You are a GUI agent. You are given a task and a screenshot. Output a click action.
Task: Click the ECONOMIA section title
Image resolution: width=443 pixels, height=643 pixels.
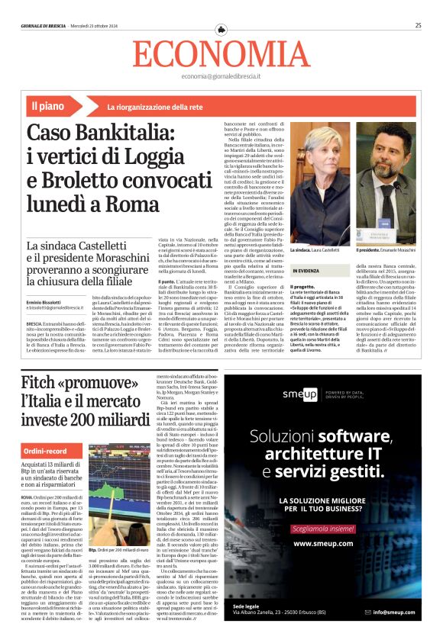(x=221, y=54)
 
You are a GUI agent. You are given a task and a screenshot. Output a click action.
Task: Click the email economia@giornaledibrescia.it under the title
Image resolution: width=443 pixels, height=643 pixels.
(x=221, y=77)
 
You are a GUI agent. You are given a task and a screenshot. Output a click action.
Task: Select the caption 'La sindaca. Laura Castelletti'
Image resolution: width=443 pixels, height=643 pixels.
(x=315, y=249)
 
